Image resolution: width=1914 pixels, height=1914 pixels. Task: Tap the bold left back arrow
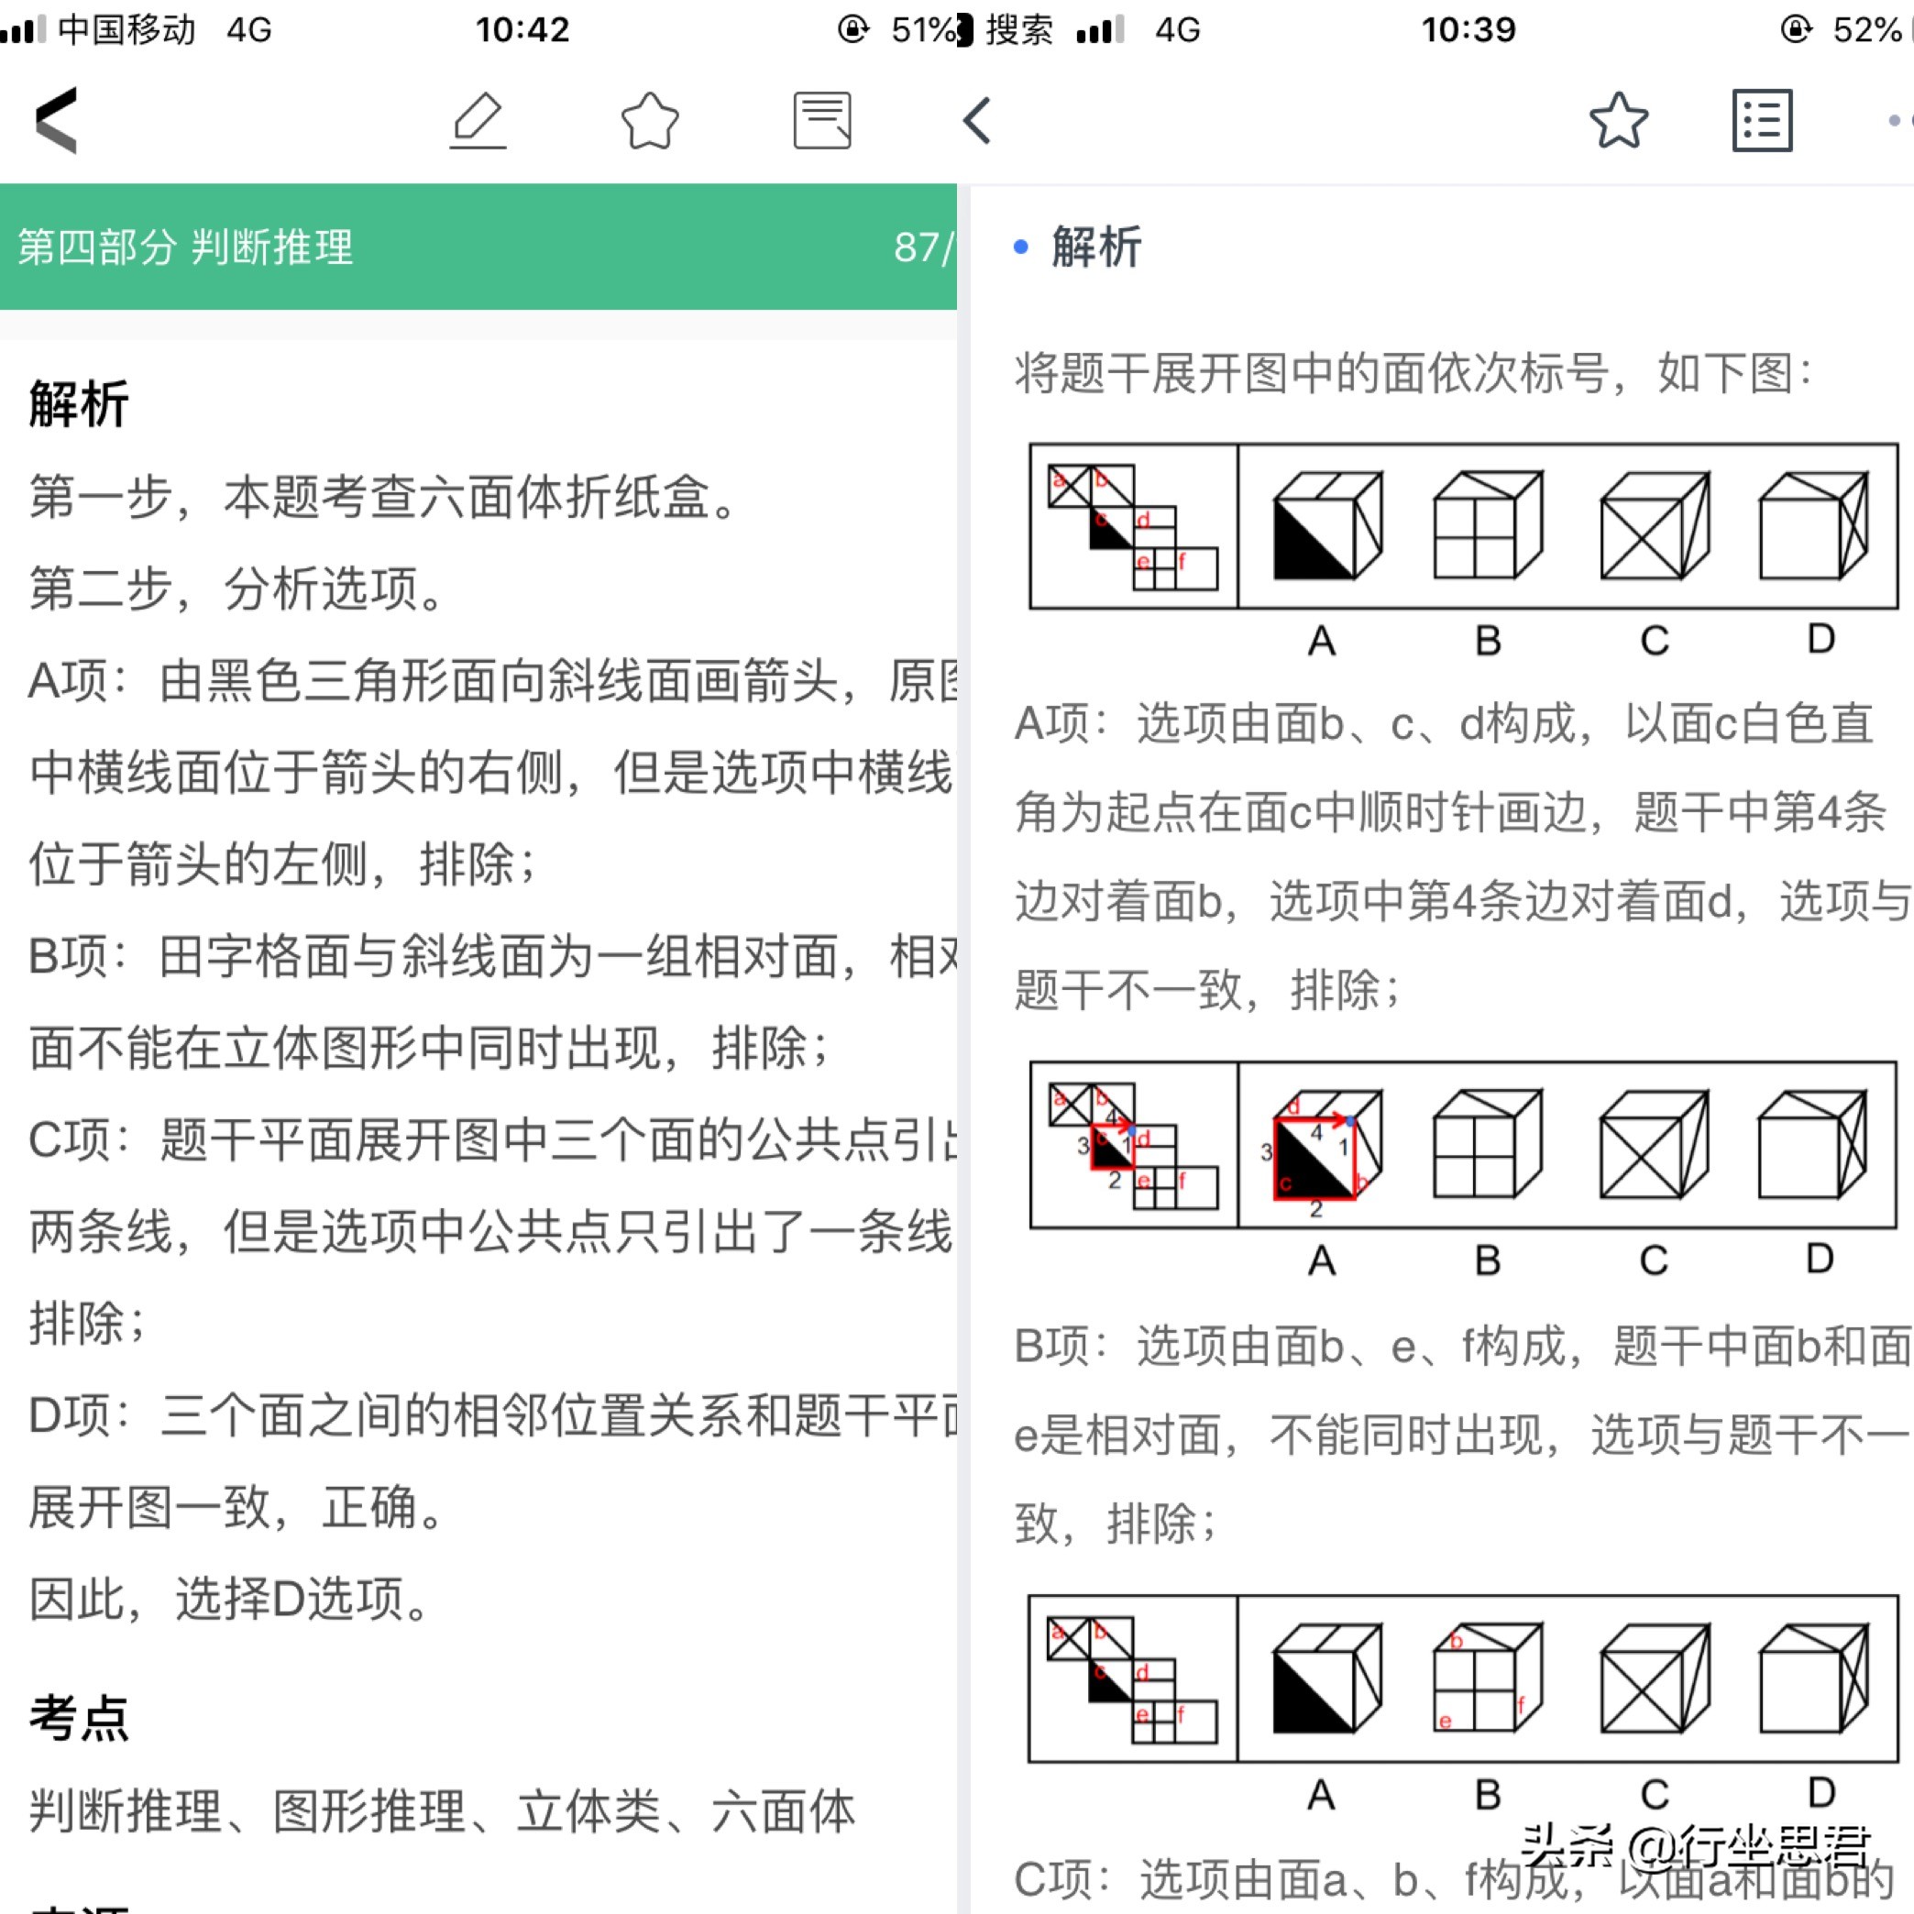coord(57,121)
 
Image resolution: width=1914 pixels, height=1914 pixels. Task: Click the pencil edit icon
coord(478,121)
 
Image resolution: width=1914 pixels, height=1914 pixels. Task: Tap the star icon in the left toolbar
coord(650,121)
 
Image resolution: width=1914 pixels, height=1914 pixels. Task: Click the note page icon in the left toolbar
coord(822,121)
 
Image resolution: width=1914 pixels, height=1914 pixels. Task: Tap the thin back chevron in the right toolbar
coord(978,121)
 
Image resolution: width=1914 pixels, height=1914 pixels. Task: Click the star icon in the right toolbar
coord(1618,121)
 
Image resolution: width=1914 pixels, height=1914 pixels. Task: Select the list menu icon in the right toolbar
coord(1762,121)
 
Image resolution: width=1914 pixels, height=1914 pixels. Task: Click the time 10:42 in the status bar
coord(522,29)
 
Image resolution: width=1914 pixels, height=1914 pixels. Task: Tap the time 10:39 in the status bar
coord(1468,29)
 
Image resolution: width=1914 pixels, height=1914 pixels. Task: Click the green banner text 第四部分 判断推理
coord(185,247)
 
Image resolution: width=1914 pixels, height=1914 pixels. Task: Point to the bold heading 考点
coord(78,1718)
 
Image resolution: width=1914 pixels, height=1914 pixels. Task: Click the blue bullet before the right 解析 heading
coord(1021,247)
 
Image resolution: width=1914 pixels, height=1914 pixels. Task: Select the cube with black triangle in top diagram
coord(1326,526)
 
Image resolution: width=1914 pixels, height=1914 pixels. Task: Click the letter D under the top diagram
coord(1820,639)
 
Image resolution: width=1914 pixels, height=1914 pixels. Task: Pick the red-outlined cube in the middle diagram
coord(1326,1146)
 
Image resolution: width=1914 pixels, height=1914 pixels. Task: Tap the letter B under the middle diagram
coord(1488,1260)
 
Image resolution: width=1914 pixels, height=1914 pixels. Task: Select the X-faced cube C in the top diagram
coord(1655,526)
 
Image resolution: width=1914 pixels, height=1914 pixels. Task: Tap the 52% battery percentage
coord(1866,29)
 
